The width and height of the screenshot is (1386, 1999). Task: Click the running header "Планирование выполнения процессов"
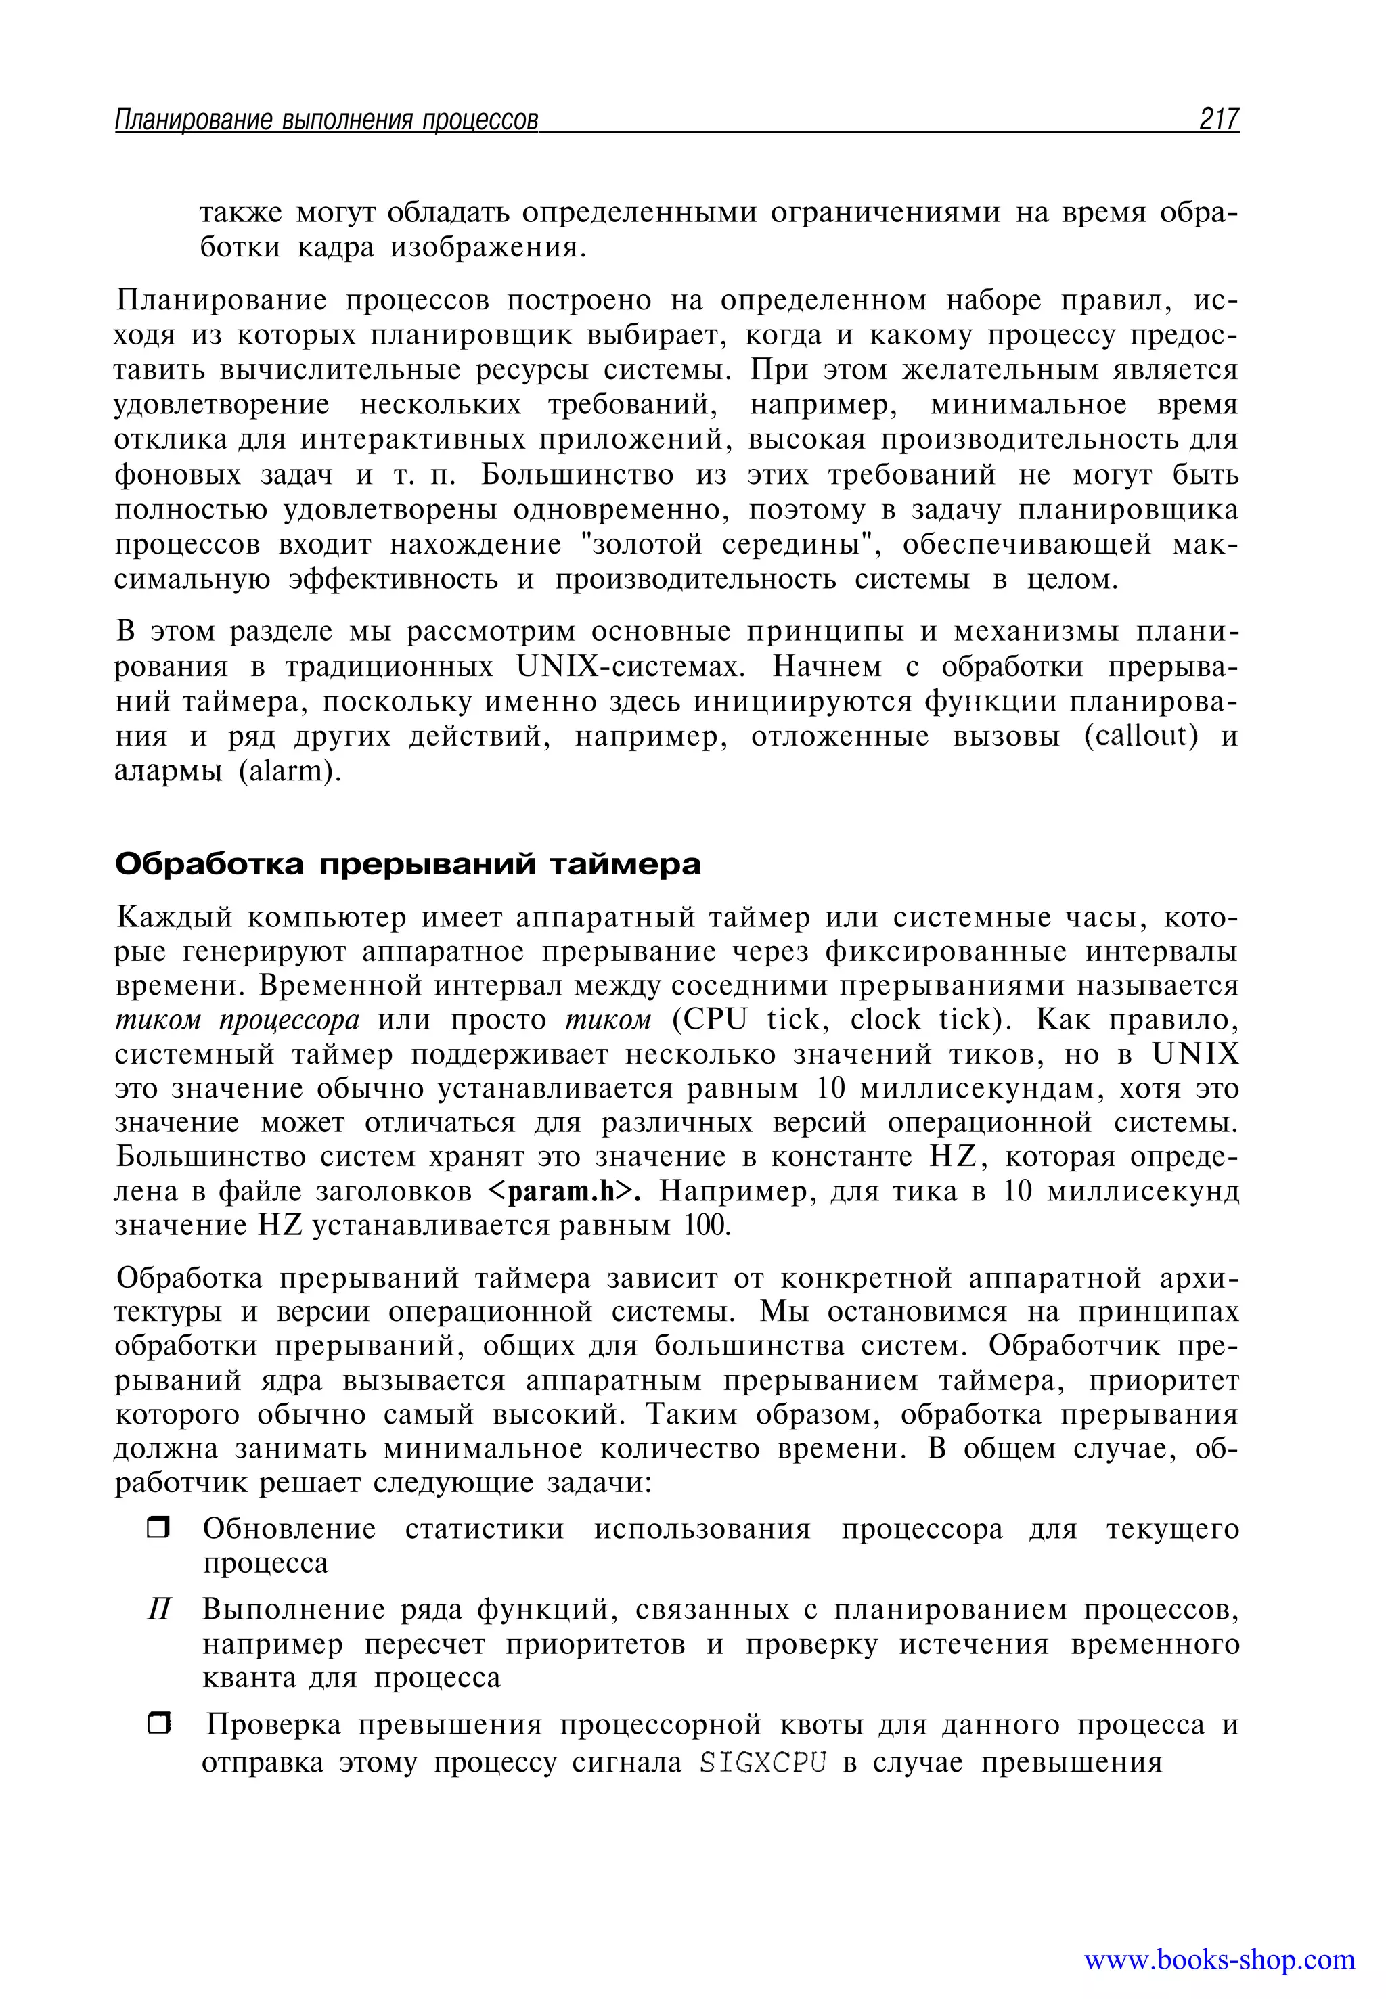pos(326,120)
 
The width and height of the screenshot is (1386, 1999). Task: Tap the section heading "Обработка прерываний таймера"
pos(407,864)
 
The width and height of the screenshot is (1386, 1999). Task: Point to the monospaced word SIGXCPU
pos(763,1762)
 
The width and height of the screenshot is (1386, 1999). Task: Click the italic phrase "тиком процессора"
pos(237,1020)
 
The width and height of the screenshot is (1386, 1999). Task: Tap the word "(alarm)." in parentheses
pos(290,771)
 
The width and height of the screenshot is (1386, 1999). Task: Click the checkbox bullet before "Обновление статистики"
pos(158,1527)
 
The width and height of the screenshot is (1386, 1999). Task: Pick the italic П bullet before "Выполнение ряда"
pos(158,1610)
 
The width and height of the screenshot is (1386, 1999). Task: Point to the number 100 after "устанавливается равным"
pos(707,1226)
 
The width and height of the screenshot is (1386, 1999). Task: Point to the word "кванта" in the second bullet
pos(246,1677)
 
